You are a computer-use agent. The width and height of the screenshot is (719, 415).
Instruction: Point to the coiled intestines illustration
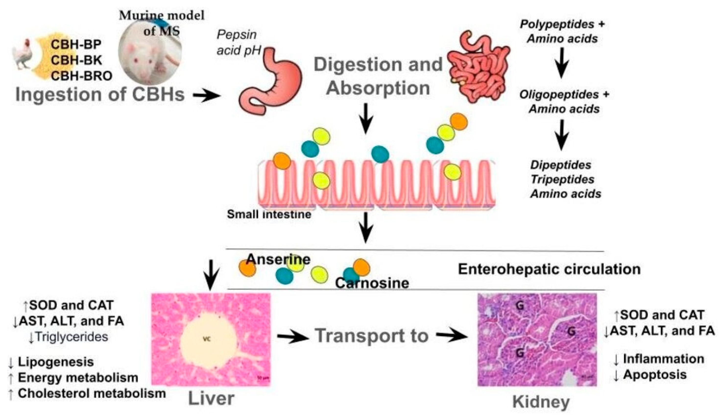(x=479, y=67)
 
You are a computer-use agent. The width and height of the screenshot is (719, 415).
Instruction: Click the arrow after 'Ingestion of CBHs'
(x=206, y=96)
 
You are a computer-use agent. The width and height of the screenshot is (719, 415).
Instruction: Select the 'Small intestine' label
(x=269, y=214)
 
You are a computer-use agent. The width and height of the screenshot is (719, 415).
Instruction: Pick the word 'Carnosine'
(x=372, y=283)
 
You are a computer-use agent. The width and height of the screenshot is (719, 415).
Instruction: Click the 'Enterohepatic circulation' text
(x=549, y=269)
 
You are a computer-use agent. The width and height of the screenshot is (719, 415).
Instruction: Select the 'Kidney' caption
(x=541, y=402)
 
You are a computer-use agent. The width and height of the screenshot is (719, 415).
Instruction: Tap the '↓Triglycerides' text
(x=68, y=337)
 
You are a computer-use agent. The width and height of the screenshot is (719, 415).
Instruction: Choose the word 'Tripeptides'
(x=562, y=179)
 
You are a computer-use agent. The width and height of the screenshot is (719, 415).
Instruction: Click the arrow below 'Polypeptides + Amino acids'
(x=562, y=63)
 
